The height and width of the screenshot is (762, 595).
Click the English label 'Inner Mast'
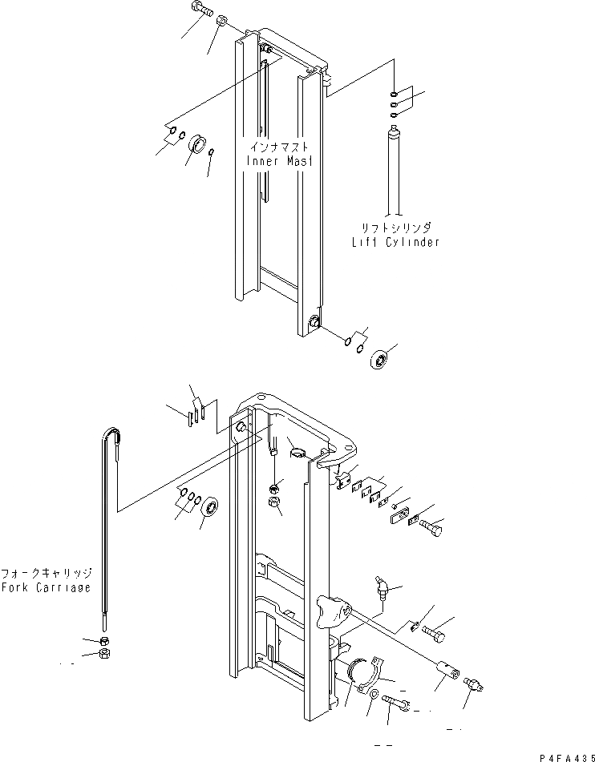click(x=279, y=160)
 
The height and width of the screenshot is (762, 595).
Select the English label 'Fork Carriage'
click(x=47, y=587)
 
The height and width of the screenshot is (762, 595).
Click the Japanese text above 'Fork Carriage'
click(x=47, y=574)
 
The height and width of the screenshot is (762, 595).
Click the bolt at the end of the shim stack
click(x=433, y=530)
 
